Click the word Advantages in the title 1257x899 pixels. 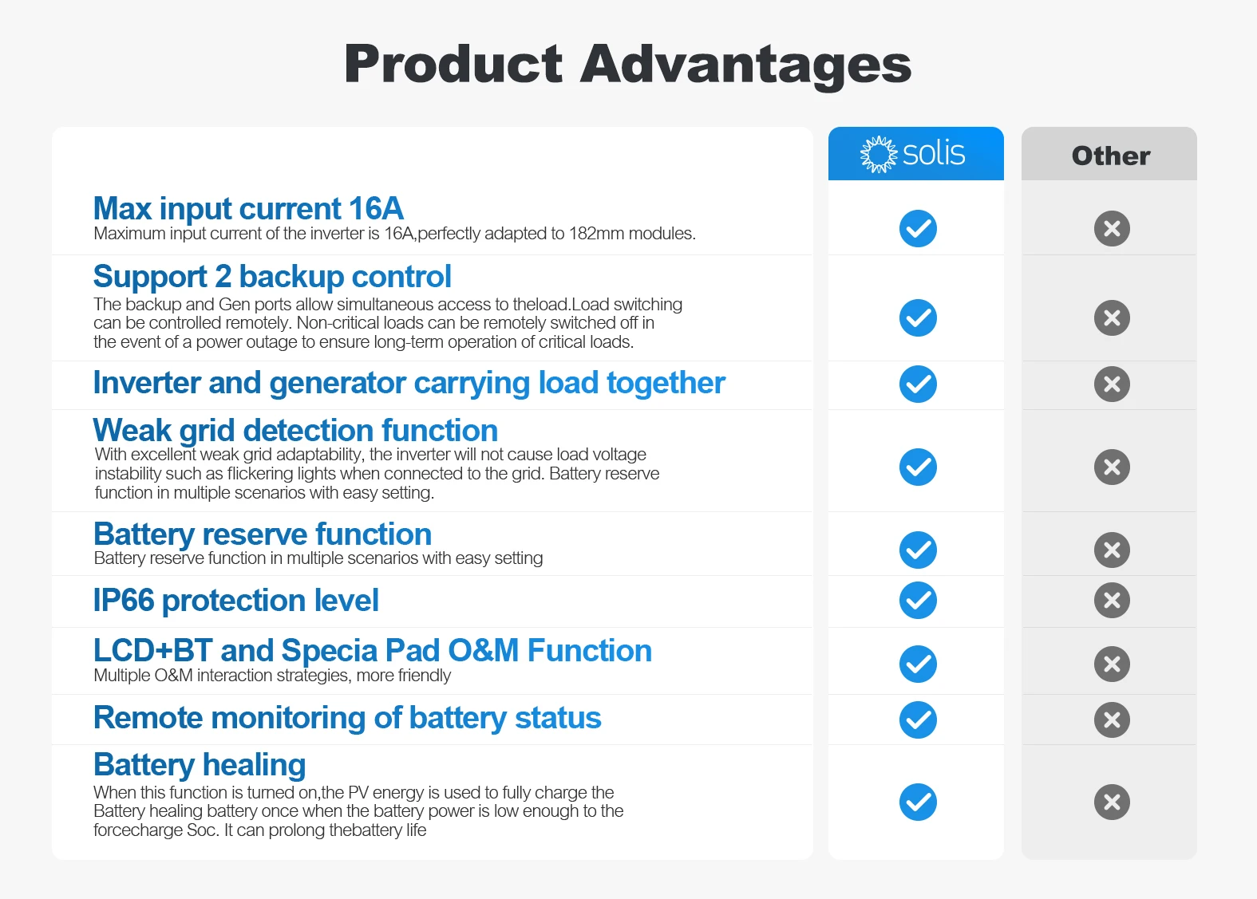pyautogui.click(x=745, y=66)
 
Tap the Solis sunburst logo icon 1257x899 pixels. pyautogui.click(x=879, y=154)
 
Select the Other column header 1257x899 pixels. pyautogui.click(x=1110, y=156)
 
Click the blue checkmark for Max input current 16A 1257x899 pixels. pyautogui.click(x=918, y=229)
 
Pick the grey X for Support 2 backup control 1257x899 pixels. pyautogui.click(x=1112, y=318)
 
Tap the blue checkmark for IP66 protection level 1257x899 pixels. pyautogui.click(x=918, y=600)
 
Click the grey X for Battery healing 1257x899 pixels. pyautogui.click(x=1112, y=802)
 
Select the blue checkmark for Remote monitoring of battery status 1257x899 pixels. pyautogui.click(x=918, y=720)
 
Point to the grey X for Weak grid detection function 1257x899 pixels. pyautogui.click(x=1112, y=467)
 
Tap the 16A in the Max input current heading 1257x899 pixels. pyautogui.click(x=375, y=209)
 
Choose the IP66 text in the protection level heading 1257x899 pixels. pyautogui.click(x=124, y=600)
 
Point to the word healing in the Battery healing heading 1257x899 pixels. pyautogui.click(x=255, y=766)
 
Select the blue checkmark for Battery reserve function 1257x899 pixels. pyautogui.click(x=918, y=550)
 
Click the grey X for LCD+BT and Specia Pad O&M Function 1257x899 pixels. pyautogui.click(x=1112, y=664)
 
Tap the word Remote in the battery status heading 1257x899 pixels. pyautogui.click(x=148, y=717)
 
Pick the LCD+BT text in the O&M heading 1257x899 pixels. pyautogui.click(x=152, y=651)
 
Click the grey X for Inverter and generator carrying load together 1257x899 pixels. pyautogui.click(x=1112, y=384)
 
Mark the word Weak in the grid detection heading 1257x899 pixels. pyautogui.click(x=132, y=430)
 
